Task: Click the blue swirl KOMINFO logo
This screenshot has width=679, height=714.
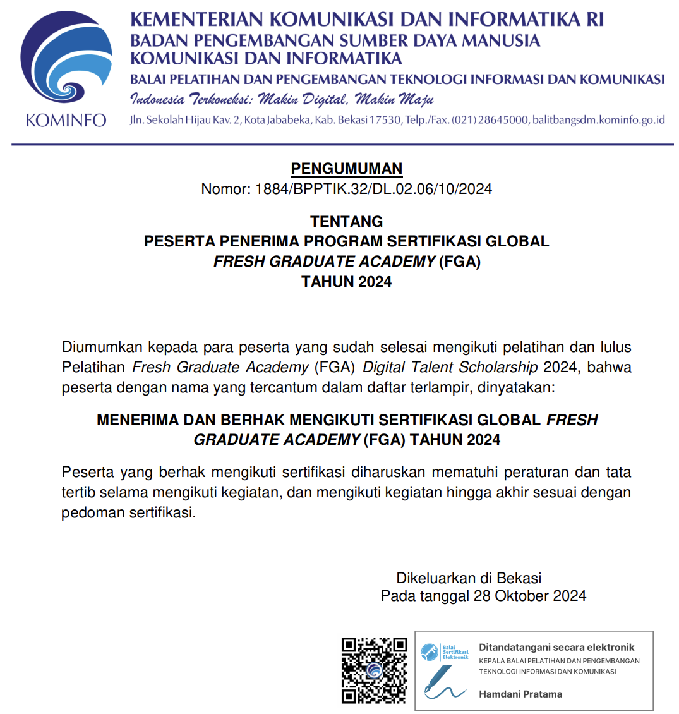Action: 66,60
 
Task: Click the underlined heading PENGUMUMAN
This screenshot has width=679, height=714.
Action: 346,169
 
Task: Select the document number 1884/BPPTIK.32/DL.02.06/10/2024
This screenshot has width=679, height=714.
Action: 373,189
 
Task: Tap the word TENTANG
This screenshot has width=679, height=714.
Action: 347,222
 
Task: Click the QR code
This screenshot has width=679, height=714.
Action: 374,670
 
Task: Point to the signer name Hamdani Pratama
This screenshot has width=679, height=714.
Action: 520,694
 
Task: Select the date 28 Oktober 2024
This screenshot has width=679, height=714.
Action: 530,596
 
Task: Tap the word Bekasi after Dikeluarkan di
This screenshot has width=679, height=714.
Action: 519,578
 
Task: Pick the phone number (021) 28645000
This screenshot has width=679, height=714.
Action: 490,120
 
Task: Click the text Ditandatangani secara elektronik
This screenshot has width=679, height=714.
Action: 556,647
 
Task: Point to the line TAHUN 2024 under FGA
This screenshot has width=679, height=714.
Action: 347,282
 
